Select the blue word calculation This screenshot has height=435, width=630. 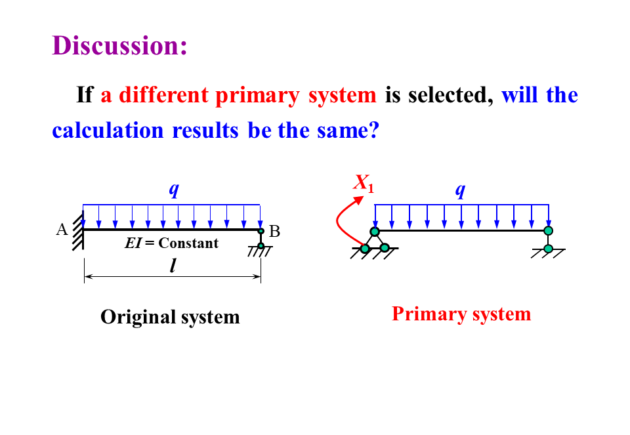[x=108, y=130]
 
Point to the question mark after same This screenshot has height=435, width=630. [x=373, y=130]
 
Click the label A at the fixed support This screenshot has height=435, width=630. [x=62, y=230]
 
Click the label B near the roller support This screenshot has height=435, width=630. [x=274, y=232]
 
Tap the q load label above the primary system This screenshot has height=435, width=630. [x=461, y=190]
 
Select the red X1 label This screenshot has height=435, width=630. [x=364, y=183]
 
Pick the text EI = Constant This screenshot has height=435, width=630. [x=171, y=243]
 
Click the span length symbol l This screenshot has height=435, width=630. [x=173, y=266]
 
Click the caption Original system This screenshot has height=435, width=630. [x=170, y=317]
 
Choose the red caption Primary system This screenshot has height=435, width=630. [x=461, y=314]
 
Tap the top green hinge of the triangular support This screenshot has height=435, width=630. [x=375, y=232]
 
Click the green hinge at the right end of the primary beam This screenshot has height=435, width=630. [x=548, y=230]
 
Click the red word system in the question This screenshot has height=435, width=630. [x=343, y=96]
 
